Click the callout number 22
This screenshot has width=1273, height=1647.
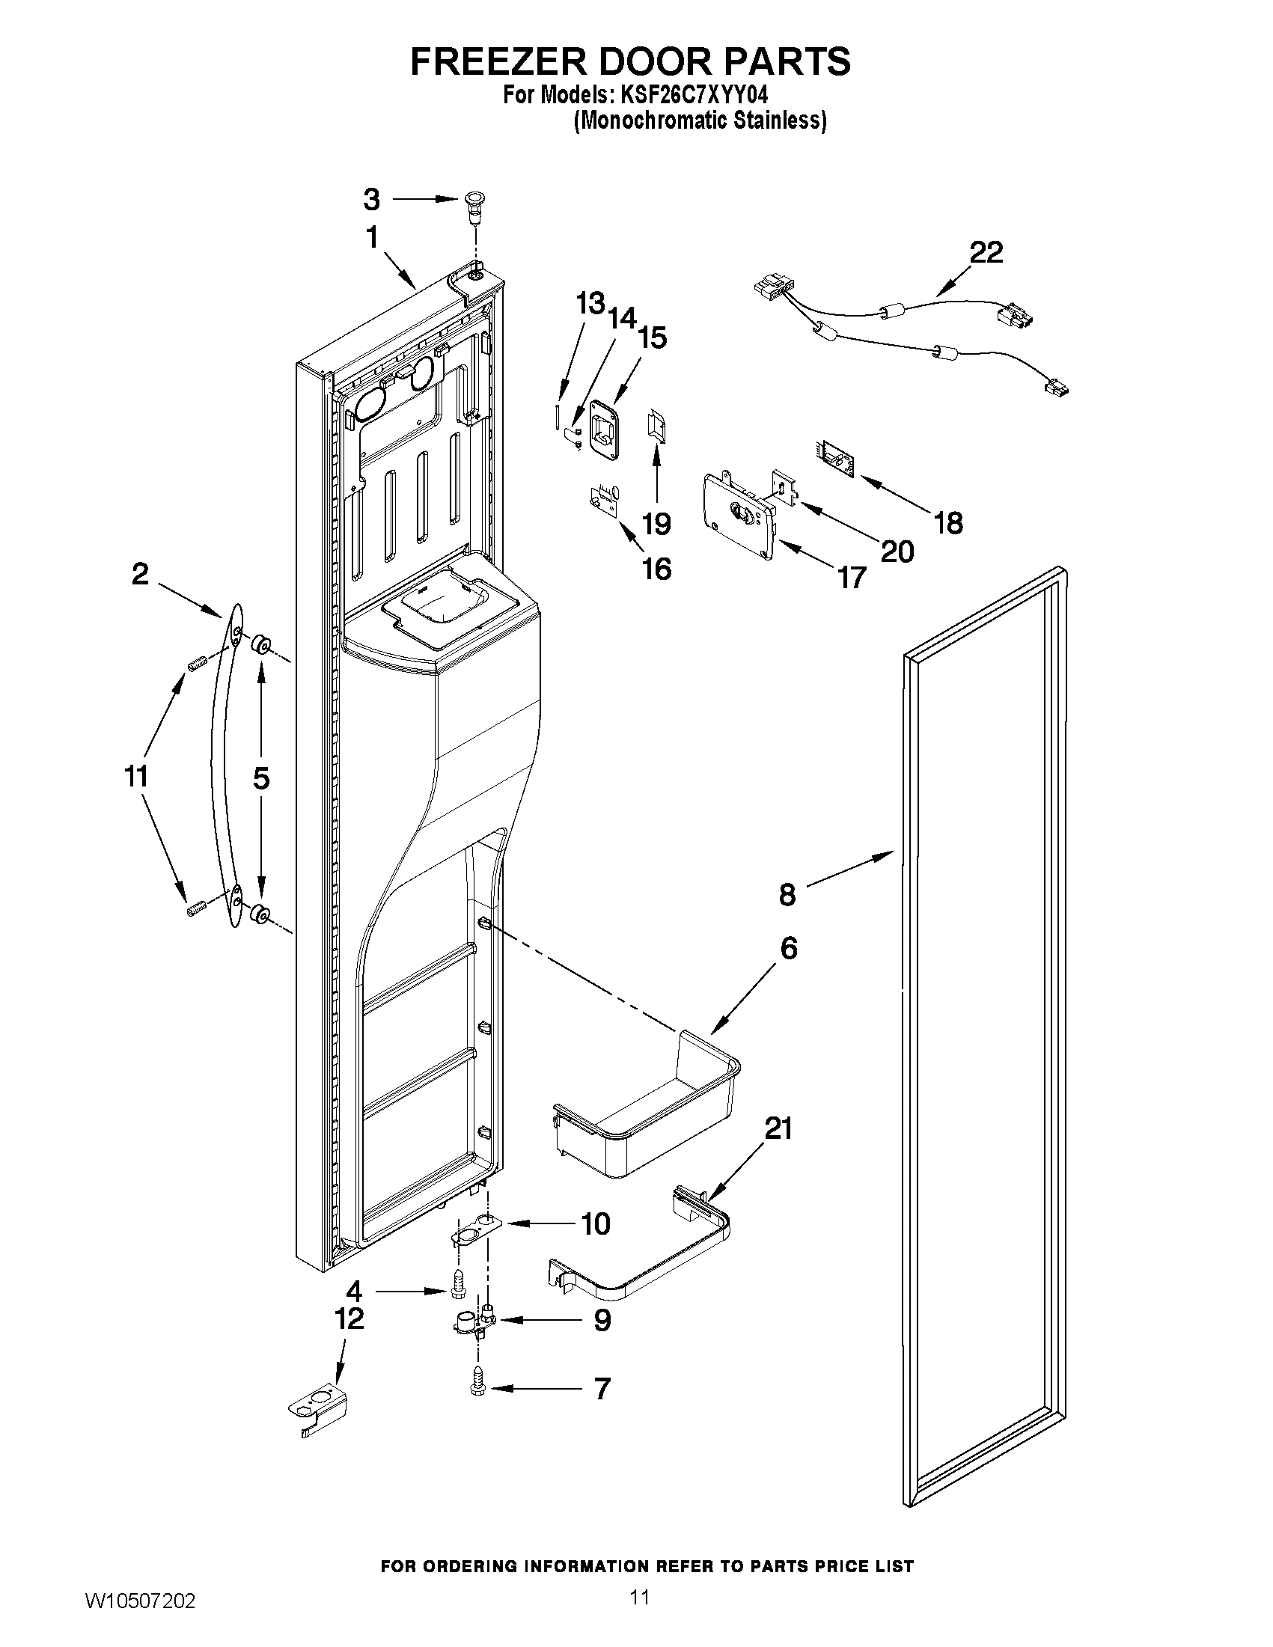[x=986, y=252]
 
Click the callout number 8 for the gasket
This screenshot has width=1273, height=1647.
[x=787, y=894]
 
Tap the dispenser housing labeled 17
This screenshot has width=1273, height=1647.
[x=739, y=517]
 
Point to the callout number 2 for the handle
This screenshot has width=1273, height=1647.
[x=140, y=575]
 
